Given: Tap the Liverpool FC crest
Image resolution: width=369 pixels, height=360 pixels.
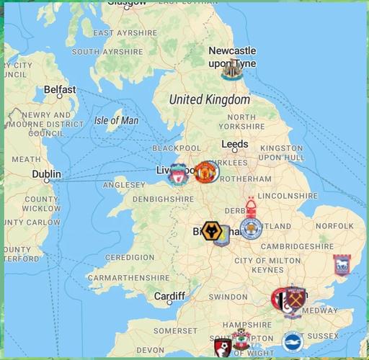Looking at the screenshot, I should tap(177, 174).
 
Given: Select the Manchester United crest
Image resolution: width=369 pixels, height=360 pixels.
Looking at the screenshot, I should tap(206, 171).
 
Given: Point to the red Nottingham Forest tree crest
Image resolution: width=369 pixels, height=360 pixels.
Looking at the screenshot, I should tap(251, 207).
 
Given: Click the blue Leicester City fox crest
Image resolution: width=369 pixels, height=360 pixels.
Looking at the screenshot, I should tap(251, 228).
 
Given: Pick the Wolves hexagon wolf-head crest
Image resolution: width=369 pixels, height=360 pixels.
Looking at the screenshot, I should tap(212, 233).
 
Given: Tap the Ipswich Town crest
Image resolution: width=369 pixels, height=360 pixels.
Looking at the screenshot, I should tap(341, 265).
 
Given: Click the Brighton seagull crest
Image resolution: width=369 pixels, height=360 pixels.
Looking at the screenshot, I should tap(292, 342).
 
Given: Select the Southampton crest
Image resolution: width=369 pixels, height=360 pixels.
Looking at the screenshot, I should tap(241, 340).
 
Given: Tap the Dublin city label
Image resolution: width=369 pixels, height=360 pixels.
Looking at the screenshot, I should tap(47, 174).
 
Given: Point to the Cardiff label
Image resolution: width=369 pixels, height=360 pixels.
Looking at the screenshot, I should tap(170, 296).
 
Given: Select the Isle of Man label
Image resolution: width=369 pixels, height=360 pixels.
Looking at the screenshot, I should tap(116, 120).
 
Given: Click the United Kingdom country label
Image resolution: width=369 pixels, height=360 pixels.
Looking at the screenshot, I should tap(208, 99).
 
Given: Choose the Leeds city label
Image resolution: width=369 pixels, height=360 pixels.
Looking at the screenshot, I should tap(234, 144).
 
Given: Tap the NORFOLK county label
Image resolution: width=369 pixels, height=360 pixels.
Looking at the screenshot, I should tap(334, 226).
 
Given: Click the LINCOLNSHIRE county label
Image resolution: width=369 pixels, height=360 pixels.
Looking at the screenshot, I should tap(287, 195).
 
